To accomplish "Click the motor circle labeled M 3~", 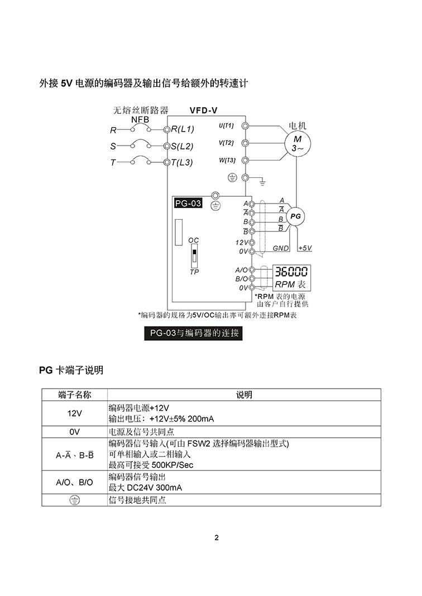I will pyautogui.click(x=297, y=143).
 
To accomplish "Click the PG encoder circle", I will pyautogui.click(x=296, y=216).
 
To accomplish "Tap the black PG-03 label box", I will pyautogui.click(x=188, y=203).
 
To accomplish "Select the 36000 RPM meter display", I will pyautogui.click(x=291, y=272).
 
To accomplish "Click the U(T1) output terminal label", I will pyautogui.click(x=226, y=125).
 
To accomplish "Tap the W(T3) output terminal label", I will pyautogui.click(x=227, y=161).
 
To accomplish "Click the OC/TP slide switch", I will pyautogui.click(x=194, y=256).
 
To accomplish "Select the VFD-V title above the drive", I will pyautogui.click(x=203, y=110).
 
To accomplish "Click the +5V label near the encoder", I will pyautogui.click(x=305, y=248).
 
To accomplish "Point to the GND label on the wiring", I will pyautogui.click(x=281, y=248).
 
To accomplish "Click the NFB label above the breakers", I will pyautogui.click(x=140, y=119).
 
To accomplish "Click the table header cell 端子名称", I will pyautogui.click(x=75, y=395).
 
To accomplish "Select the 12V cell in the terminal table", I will pyautogui.click(x=75, y=413).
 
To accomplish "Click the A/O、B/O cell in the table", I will pyautogui.click(x=75, y=482).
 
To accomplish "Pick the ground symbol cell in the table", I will pyautogui.click(x=75, y=500).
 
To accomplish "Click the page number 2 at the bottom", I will pyautogui.click(x=217, y=538).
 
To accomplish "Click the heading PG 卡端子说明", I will pyautogui.click(x=71, y=370).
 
